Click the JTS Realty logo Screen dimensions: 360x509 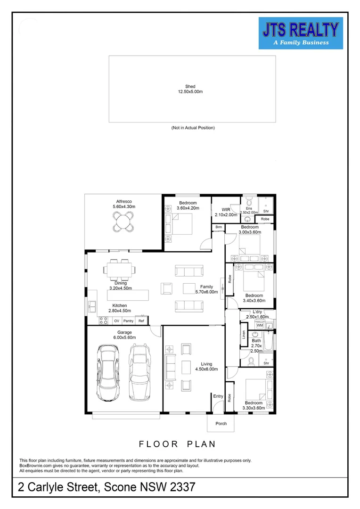(301, 33)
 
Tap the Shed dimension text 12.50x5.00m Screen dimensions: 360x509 (190, 92)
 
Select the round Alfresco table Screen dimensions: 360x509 (123, 222)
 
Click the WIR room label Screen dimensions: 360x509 (226, 210)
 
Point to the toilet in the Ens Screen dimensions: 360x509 (249, 202)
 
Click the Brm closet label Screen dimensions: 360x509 (219, 227)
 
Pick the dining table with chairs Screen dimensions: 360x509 (120, 270)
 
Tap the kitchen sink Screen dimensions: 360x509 (92, 306)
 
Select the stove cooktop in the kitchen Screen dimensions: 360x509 (104, 321)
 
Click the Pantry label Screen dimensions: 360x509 (129, 321)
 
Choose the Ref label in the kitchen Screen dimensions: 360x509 (141, 321)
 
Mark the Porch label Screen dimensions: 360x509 (221, 424)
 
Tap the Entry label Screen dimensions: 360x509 (218, 396)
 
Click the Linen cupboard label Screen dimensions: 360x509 (244, 335)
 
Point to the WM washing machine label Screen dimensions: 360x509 (260, 325)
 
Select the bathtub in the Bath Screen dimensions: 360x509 (269, 341)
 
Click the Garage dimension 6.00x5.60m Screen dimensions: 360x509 (125, 337)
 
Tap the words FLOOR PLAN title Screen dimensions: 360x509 (177, 444)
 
